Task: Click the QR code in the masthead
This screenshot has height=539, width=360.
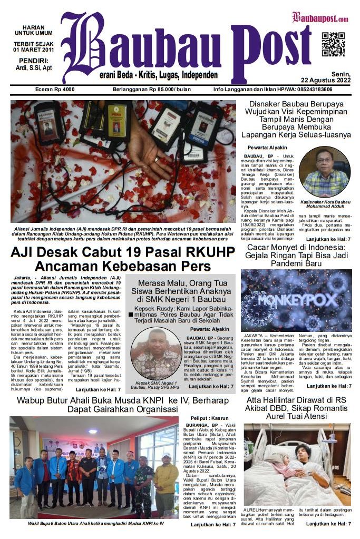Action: [333, 44]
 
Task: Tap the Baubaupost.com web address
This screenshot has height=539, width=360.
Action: [320, 19]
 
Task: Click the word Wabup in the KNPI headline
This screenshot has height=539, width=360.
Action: [31, 402]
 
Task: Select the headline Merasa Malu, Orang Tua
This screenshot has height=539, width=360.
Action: [181, 281]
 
